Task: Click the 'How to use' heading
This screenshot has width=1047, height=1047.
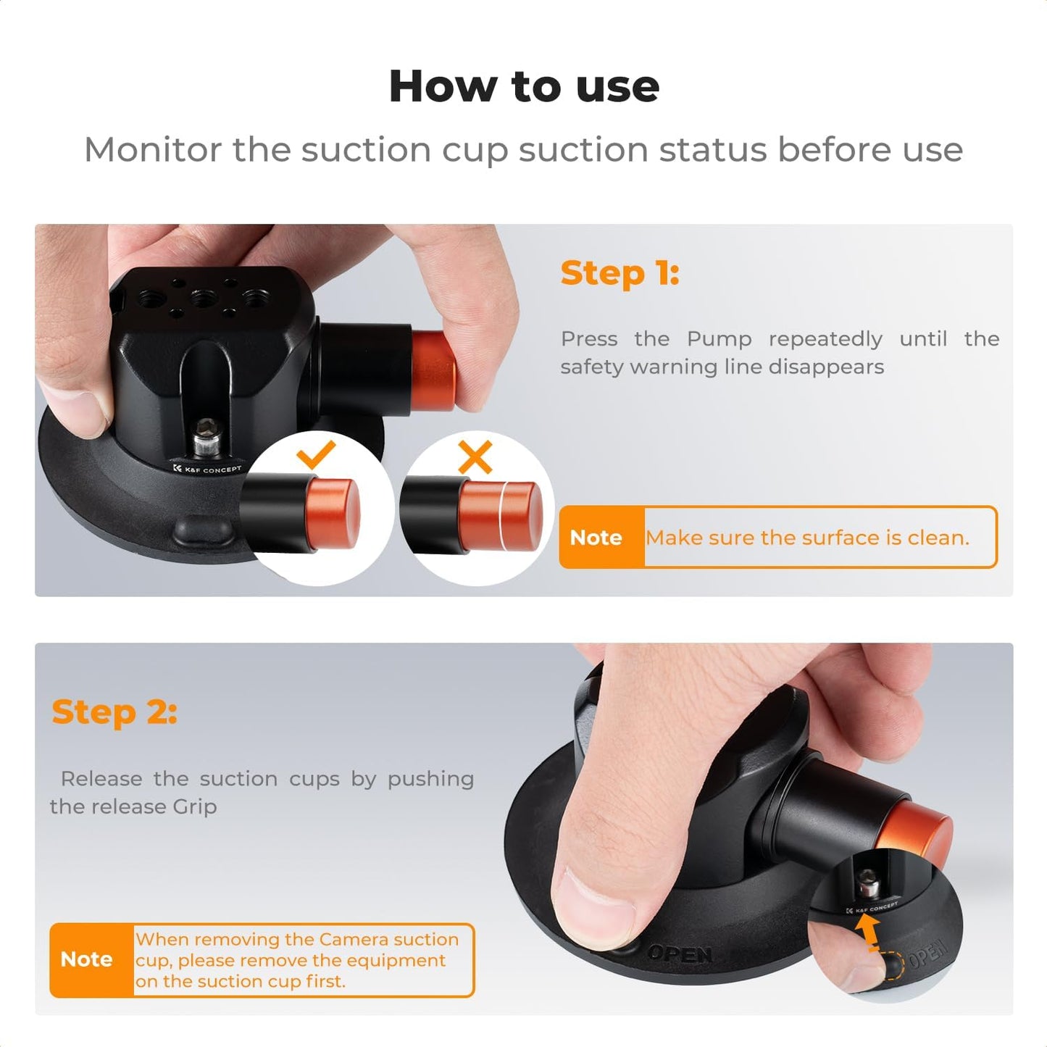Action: click(x=524, y=86)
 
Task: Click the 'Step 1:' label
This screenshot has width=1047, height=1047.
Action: click(x=620, y=273)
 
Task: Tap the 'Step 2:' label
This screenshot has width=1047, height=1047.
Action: click(x=114, y=712)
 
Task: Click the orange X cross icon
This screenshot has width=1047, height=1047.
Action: click(x=475, y=456)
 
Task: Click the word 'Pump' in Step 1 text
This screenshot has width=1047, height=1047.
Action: click(x=719, y=339)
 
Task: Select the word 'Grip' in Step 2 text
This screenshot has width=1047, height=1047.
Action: click(x=194, y=806)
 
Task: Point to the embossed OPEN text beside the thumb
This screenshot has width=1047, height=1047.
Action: click(x=680, y=954)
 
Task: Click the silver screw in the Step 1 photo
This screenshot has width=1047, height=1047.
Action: click(x=209, y=437)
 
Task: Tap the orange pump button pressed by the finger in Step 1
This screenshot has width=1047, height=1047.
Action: click(x=433, y=361)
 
